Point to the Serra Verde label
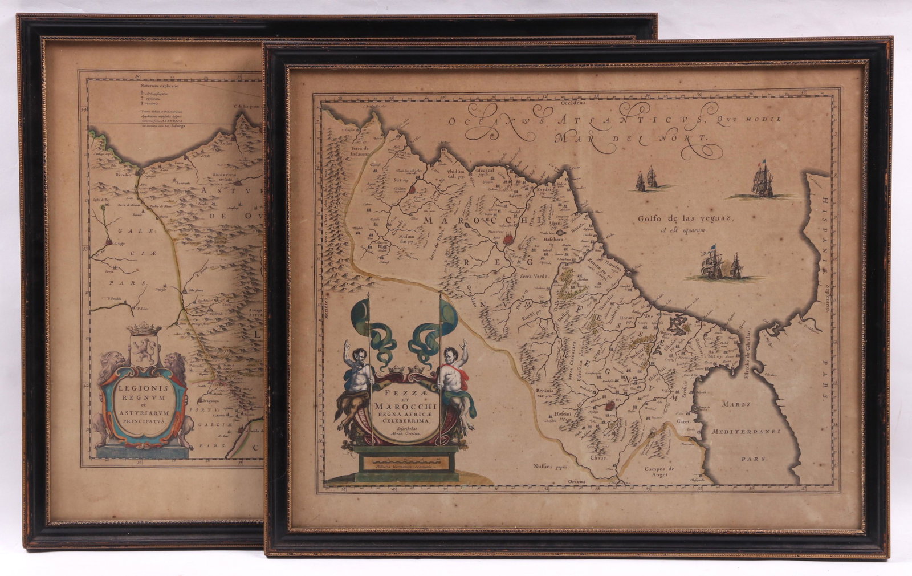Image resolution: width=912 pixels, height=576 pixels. (x=534, y=277)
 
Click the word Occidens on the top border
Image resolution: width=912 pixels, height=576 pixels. (x=576, y=103)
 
